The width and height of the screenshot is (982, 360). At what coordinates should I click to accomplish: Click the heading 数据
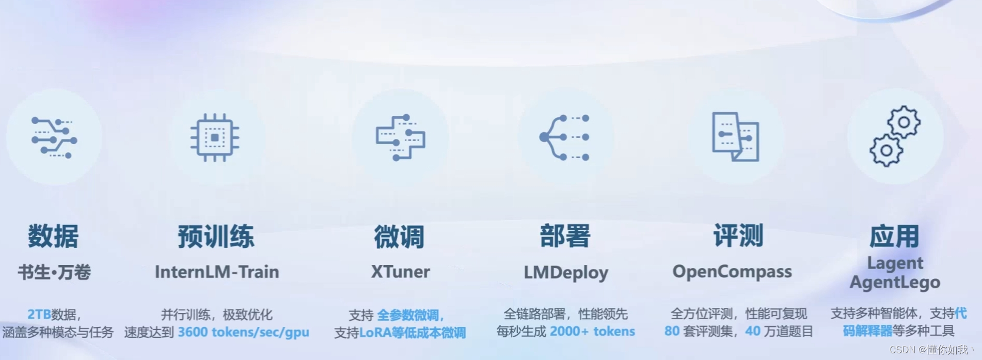53,237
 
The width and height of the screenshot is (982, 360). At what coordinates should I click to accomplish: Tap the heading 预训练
216,237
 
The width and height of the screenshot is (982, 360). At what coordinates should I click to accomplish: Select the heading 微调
399,237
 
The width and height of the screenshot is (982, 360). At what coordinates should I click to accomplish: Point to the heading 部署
565,236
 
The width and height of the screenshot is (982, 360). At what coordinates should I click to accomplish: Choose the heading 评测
738,236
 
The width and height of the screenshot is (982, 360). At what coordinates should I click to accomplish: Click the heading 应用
894,237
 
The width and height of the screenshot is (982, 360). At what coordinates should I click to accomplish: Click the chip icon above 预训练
215,137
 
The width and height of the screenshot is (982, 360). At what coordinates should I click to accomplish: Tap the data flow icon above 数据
54,137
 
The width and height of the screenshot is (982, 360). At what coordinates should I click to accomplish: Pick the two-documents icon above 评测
736,137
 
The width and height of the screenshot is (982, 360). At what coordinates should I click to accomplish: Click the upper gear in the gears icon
904,122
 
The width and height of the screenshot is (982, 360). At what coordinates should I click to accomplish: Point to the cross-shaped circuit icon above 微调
400,137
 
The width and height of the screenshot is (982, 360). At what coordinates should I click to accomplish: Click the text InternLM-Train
217,272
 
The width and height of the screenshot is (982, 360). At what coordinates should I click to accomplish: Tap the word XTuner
400,272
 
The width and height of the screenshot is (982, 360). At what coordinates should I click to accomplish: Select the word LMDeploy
566,272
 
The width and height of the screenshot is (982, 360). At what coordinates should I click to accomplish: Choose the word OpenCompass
732,272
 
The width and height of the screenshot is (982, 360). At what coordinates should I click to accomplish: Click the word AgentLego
895,283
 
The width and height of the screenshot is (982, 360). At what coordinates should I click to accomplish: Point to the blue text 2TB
39,314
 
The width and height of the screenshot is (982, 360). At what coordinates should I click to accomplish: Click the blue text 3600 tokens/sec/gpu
243,332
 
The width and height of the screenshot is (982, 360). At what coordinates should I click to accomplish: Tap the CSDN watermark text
929,350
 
